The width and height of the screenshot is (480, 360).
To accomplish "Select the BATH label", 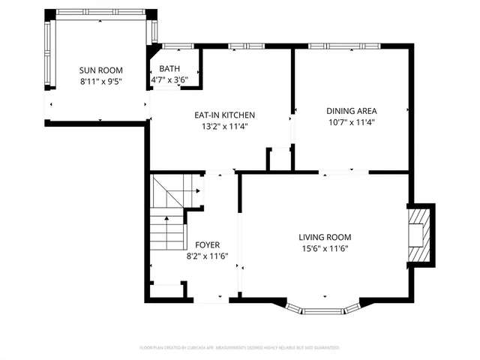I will pos(169,69).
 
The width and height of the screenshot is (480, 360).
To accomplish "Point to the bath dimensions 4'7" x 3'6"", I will pos(169,79).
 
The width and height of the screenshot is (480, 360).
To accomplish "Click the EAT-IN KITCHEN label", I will pos(225,115).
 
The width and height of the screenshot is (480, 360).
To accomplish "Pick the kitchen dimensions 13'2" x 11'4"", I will pos(225,126).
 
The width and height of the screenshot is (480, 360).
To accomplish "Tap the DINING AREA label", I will pos(351,110).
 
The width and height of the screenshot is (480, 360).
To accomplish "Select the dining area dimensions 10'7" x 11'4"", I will pos(351,121).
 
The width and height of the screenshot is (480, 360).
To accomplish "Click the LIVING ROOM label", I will pos(325,236).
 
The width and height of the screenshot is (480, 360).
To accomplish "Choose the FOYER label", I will pos(207,244).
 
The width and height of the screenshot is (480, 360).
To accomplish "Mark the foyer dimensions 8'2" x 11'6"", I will pos(207,256).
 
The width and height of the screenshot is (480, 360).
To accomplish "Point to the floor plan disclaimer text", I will pos(240,348).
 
